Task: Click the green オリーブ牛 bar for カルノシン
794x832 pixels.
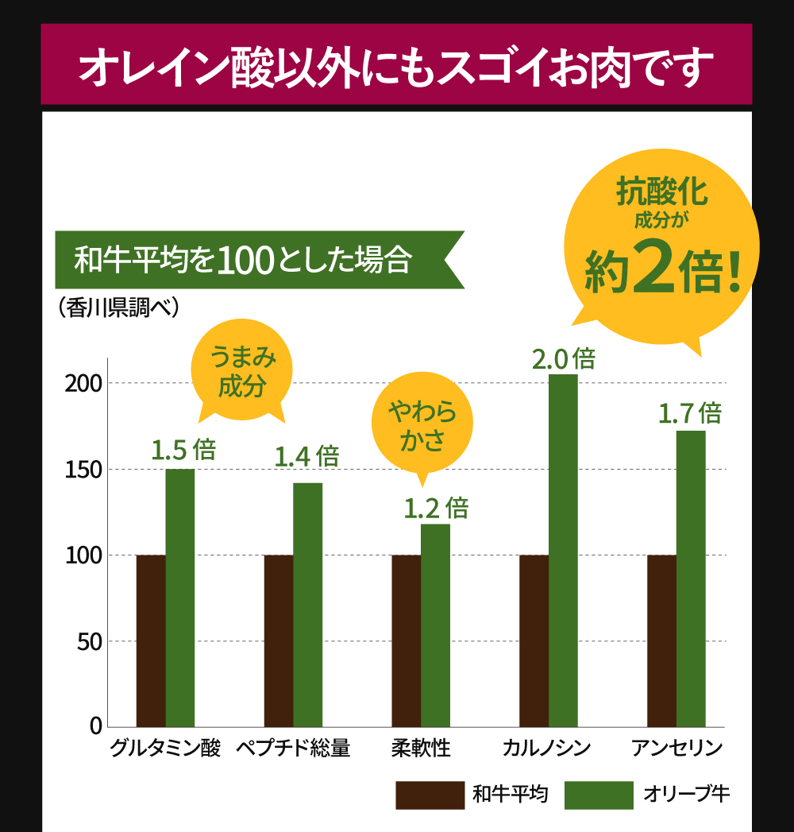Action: point(563,550)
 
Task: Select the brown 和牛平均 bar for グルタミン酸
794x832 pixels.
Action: point(151,640)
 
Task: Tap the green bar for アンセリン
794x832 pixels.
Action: point(691,579)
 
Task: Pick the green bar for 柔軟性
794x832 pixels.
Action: point(435,625)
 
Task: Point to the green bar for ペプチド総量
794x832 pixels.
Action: point(307,604)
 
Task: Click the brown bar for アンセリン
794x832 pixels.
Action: point(661,640)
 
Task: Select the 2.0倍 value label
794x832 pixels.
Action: point(563,359)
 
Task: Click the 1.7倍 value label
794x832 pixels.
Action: point(689,414)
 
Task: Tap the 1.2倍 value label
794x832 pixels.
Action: point(436,508)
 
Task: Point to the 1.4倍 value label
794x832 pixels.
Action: point(306,456)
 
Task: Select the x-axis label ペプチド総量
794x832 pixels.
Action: point(293,749)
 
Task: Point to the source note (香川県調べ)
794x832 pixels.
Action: point(118,307)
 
